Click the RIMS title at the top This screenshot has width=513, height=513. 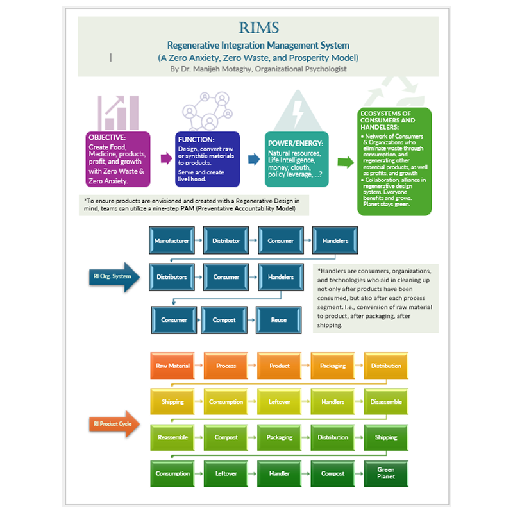pyautogui.click(x=258, y=28)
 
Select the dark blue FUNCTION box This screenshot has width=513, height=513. pyautogui.click(x=208, y=159)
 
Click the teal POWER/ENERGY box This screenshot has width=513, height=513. pyautogui.click(x=297, y=159)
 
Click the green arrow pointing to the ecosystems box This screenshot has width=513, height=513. pyautogui.click(x=345, y=162)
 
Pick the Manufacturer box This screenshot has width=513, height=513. pyautogui.click(x=172, y=241)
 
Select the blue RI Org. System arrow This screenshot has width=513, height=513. pyautogui.click(x=115, y=277)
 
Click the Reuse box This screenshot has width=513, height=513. pyautogui.click(x=279, y=320)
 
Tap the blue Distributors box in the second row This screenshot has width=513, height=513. pyautogui.click(x=172, y=277)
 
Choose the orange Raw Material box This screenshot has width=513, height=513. pyautogui.click(x=172, y=366)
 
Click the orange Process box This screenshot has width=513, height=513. pyautogui.click(x=226, y=366)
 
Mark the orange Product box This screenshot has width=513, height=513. pyautogui.click(x=280, y=366)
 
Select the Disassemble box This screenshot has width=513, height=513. pyautogui.click(x=386, y=402)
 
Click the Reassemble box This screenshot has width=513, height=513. pyautogui.click(x=172, y=437)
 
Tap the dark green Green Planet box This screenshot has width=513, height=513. pyautogui.click(x=386, y=474)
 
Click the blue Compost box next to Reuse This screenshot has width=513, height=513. pyautogui.click(x=224, y=320)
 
